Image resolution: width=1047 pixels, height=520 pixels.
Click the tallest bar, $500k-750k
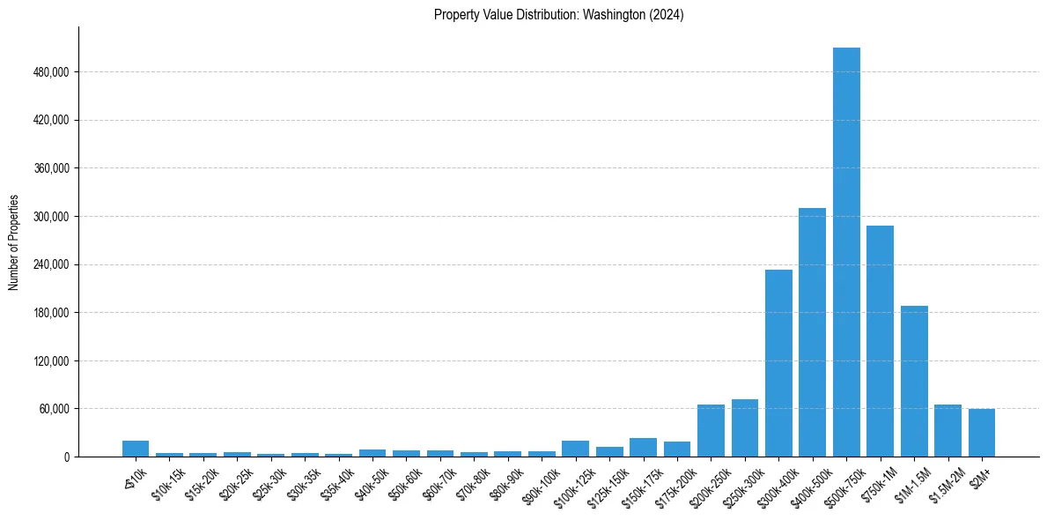846,252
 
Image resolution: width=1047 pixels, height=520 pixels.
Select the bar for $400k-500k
812,332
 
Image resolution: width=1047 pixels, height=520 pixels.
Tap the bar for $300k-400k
778,363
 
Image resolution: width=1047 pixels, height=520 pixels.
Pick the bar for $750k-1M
880,341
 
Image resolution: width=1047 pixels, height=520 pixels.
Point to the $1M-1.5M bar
914,382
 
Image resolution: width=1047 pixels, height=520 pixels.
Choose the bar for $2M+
982,433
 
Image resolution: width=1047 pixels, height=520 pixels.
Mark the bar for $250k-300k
745,428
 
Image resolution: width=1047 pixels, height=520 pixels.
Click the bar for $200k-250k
711,431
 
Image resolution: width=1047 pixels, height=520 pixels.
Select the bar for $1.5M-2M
947,431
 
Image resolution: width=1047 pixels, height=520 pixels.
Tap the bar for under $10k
136,449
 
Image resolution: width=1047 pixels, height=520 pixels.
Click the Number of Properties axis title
13,241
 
